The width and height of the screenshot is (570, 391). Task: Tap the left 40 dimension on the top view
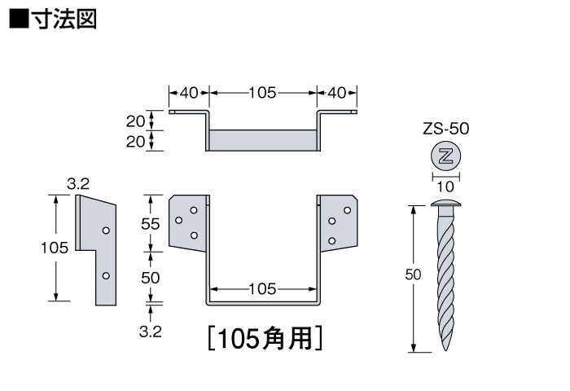[x=189, y=92]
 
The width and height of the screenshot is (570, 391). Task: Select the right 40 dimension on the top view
[x=337, y=92]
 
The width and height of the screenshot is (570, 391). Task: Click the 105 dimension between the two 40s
[x=263, y=92]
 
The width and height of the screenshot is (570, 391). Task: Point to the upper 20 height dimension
[x=135, y=121]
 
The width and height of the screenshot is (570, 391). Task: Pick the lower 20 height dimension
[x=135, y=141]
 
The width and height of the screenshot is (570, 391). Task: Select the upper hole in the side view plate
[x=105, y=231]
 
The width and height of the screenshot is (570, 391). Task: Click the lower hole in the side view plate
[x=105, y=276]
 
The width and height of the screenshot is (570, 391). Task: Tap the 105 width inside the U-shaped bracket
[x=263, y=288]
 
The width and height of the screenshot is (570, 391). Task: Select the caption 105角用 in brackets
[x=265, y=338]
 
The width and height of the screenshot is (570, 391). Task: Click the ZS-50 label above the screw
[x=446, y=128]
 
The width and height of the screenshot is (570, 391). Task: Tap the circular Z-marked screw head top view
[x=445, y=155]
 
